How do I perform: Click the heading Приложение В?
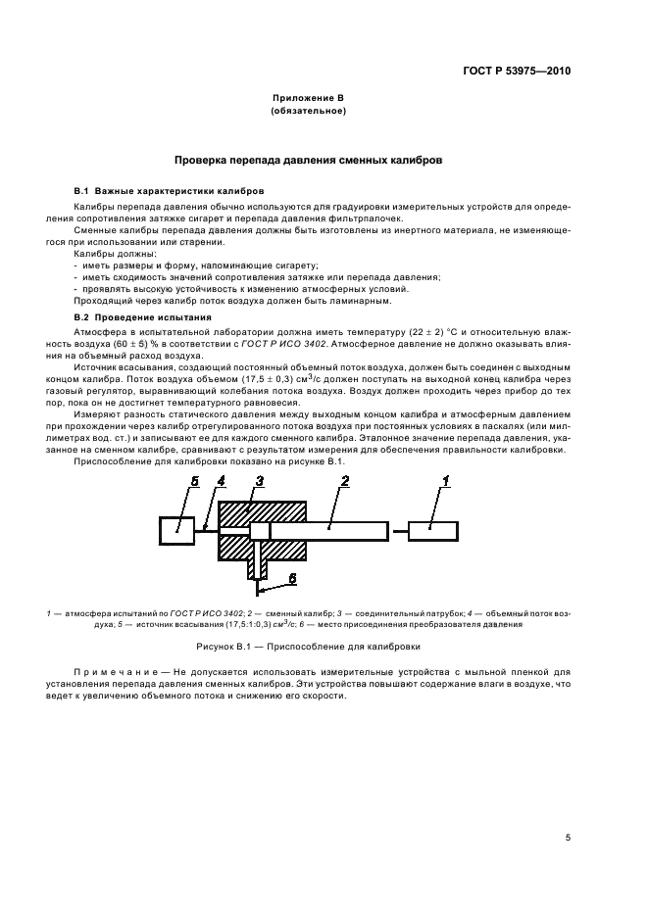pos(309,100)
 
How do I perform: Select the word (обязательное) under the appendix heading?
pos(309,112)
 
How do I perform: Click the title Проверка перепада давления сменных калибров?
pos(308,159)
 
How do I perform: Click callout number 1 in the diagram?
pos(445,481)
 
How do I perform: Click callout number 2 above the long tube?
pos(345,480)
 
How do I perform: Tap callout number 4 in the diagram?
pos(222,481)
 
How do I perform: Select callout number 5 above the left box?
pos(194,481)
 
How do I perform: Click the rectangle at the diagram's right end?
pos(432,530)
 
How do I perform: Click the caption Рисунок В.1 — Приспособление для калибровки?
pos(308,647)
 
